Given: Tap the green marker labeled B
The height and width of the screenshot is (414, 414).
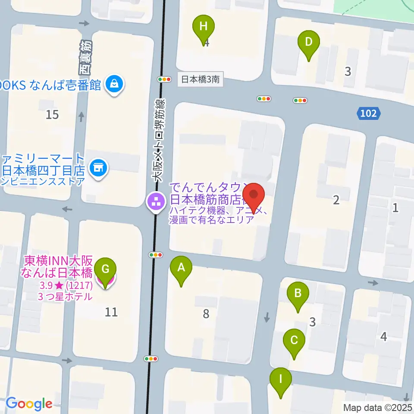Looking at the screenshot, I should (x=298, y=294).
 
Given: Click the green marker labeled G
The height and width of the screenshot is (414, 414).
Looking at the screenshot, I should (x=105, y=271).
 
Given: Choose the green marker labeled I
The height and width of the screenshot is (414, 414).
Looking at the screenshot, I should (x=281, y=380).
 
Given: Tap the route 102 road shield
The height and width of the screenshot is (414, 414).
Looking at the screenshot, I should (x=369, y=114).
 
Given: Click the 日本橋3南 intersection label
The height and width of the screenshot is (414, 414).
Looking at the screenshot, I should (x=201, y=79).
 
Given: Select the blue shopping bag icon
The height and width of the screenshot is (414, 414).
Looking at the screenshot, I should (x=115, y=84).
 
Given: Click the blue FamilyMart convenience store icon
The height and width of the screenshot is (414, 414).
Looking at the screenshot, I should (x=99, y=167).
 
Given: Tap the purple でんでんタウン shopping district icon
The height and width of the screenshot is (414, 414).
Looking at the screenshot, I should (x=154, y=201).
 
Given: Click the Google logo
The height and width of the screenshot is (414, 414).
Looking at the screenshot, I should (x=29, y=404).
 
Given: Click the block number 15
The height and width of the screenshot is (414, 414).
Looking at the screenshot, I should (x=52, y=115).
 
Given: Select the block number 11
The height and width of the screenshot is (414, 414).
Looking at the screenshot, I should (x=111, y=312).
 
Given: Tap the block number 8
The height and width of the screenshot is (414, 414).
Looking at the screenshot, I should (x=206, y=314).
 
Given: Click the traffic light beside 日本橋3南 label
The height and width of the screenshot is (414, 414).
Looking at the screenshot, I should (x=164, y=79).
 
